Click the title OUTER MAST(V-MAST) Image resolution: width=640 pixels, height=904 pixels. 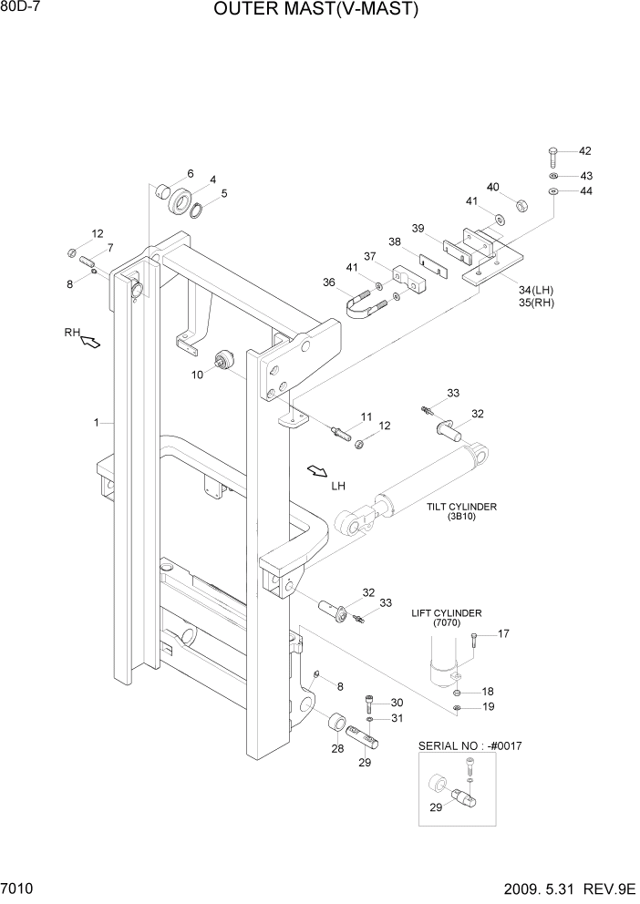(316, 11)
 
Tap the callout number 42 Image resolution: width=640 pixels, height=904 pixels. (585, 150)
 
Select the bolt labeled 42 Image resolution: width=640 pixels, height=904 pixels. (554, 155)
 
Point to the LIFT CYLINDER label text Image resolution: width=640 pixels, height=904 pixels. (447, 613)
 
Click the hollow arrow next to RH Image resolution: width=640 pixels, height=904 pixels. (90, 342)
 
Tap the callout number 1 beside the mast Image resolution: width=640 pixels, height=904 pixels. (95, 423)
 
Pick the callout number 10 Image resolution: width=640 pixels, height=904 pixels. (198, 375)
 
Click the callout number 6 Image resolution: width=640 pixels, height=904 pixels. (191, 173)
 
